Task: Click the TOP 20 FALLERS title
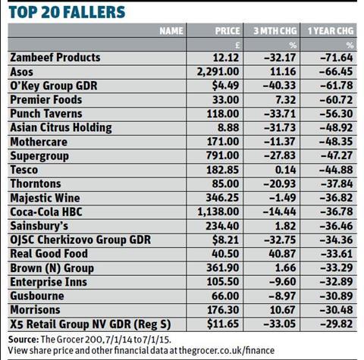[67, 12]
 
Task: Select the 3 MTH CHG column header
[275, 31]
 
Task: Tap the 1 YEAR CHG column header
[331, 31]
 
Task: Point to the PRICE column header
[227, 31]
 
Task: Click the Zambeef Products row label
[55, 58]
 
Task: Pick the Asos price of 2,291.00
[218, 71]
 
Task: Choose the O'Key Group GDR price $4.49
[225, 86]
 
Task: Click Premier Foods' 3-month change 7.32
[286, 99]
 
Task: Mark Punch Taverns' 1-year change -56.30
[336, 114]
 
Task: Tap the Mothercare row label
[39, 142]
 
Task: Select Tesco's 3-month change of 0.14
[286, 170]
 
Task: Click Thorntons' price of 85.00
[225, 183]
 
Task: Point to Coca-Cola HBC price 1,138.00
[218, 211]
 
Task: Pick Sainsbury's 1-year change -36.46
[336, 226]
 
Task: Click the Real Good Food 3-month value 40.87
[282, 254]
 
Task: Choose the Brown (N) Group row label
[52, 268]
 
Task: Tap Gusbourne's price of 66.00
[225, 296]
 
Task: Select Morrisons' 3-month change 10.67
[283, 310]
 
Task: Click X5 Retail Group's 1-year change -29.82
[336, 324]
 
